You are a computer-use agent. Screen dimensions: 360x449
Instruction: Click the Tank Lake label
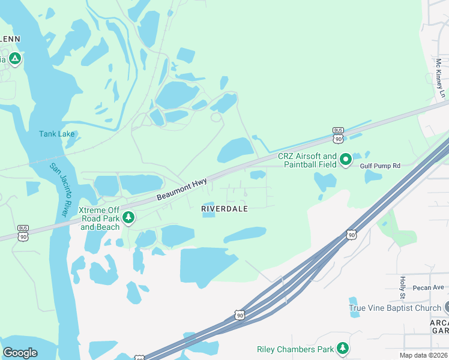(57, 134)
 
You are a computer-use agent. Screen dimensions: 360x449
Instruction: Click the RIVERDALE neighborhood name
(224, 208)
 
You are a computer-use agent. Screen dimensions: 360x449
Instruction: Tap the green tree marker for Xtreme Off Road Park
(128, 217)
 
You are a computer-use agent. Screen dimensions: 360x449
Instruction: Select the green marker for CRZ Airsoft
(345, 160)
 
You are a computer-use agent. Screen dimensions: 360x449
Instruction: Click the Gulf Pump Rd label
(379, 164)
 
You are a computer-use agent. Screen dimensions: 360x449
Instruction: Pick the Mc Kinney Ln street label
(440, 78)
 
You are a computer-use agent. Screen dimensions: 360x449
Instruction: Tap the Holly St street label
(403, 288)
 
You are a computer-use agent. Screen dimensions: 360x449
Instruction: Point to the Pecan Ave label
(428, 287)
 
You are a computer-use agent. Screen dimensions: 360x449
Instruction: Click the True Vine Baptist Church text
(395, 308)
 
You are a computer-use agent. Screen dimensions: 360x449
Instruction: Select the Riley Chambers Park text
(295, 349)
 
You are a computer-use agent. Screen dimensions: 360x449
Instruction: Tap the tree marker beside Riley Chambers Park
(343, 348)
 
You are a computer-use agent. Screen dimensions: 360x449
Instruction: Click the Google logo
(20, 353)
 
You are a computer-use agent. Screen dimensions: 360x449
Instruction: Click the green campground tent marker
(15, 59)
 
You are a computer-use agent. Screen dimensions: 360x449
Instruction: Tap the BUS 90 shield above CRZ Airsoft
(339, 134)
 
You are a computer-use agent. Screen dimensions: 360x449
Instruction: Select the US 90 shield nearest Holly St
(351, 235)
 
